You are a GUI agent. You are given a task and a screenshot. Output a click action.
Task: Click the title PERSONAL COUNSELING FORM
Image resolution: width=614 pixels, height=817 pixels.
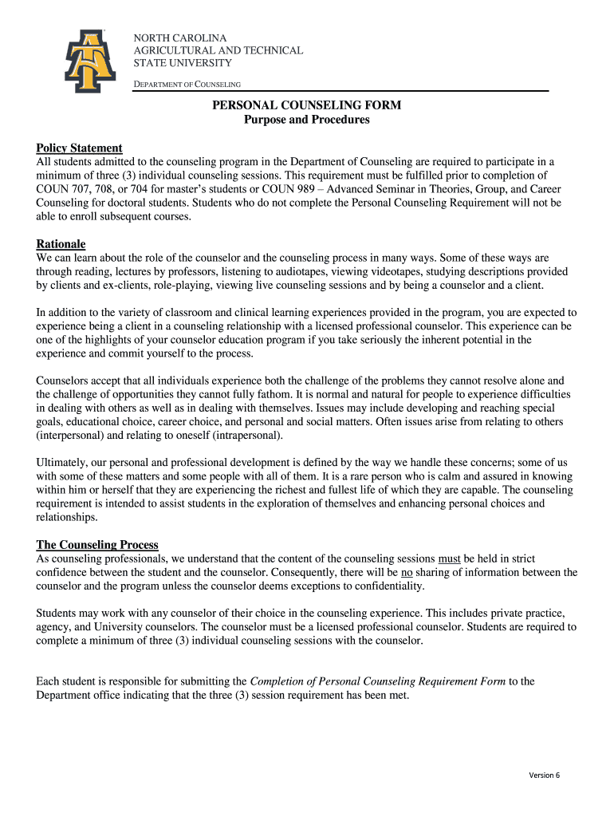coord(306,105)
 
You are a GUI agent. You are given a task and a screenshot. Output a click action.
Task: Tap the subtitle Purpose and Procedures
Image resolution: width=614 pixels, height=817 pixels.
coord(306,120)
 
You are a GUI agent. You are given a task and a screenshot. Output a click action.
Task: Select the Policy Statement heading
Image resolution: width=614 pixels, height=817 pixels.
coord(79,148)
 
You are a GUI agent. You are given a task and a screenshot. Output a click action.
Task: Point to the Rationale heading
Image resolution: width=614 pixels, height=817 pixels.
coord(61,243)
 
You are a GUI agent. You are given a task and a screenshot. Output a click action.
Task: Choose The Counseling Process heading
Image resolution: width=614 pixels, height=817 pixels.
coord(97,545)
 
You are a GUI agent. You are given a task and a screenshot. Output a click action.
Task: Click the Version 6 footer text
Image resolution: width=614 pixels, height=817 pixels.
coord(545,776)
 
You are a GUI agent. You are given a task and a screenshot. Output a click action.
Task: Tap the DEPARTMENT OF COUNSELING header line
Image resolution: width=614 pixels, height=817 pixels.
coord(187,84)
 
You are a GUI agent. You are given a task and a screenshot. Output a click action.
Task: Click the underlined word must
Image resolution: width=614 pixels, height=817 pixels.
coord(450,558)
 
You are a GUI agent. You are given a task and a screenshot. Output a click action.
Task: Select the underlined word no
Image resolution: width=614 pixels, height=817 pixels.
coord(407,572)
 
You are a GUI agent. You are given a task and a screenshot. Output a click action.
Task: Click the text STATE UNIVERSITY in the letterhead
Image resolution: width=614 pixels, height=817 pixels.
coord(182,63)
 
